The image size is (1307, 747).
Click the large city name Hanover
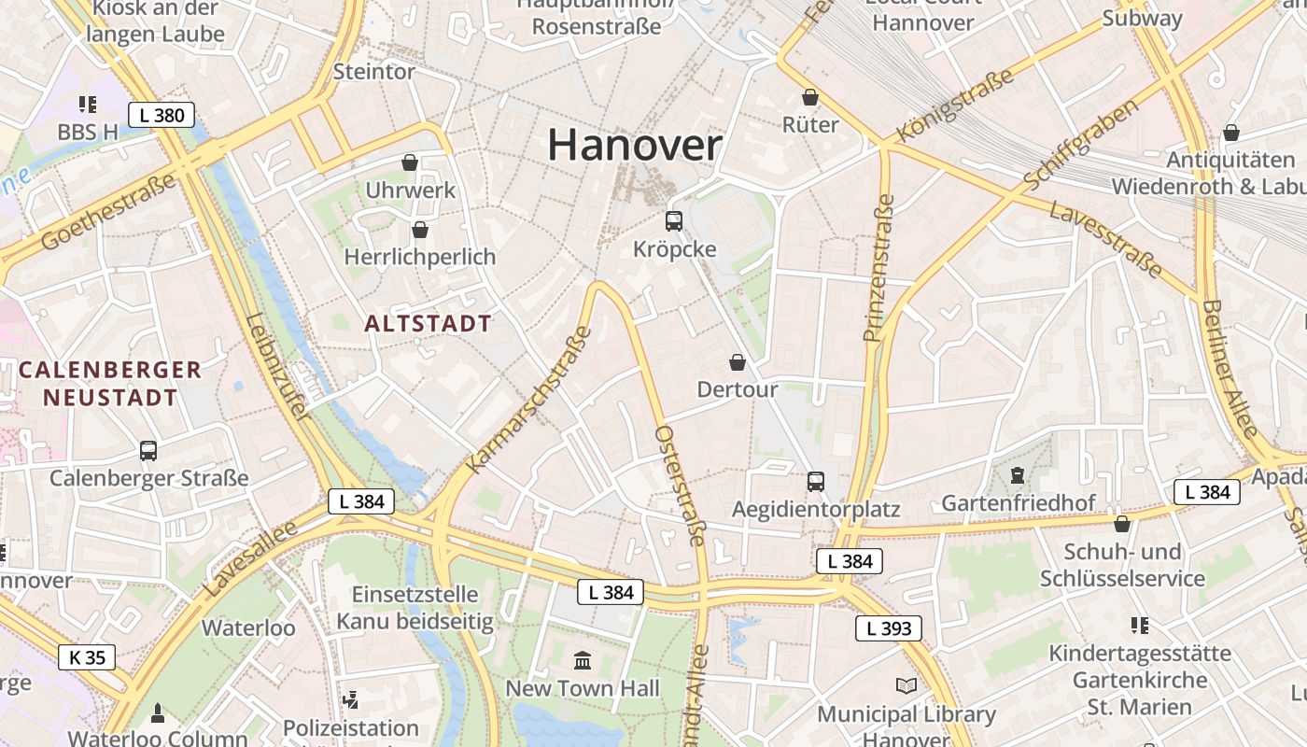coord(635,146)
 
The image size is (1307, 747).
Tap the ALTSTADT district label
coord(428,324)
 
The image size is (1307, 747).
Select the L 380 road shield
coord(162,116)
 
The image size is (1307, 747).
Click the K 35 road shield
coord(88,657)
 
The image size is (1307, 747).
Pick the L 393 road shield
coord(889,628)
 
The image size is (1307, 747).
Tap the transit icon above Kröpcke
coord(674,221)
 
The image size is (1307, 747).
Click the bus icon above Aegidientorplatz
coord(816,482)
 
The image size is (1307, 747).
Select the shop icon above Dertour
coord(738,362)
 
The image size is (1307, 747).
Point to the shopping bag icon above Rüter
coord(810,97)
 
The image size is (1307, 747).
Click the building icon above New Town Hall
coord(583,661)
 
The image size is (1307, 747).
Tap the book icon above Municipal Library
coord(906,686)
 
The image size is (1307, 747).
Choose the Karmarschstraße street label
coord(529,400)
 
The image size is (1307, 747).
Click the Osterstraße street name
coord(680,486)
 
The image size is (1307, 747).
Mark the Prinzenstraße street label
coord(878,268)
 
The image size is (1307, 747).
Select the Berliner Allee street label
coord(1231,370)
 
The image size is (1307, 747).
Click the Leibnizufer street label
coord(275,366)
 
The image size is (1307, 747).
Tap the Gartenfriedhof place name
coord(1019,503)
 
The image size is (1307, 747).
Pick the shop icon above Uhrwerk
coord(410,163)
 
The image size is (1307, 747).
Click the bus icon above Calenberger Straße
coord(148,451)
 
